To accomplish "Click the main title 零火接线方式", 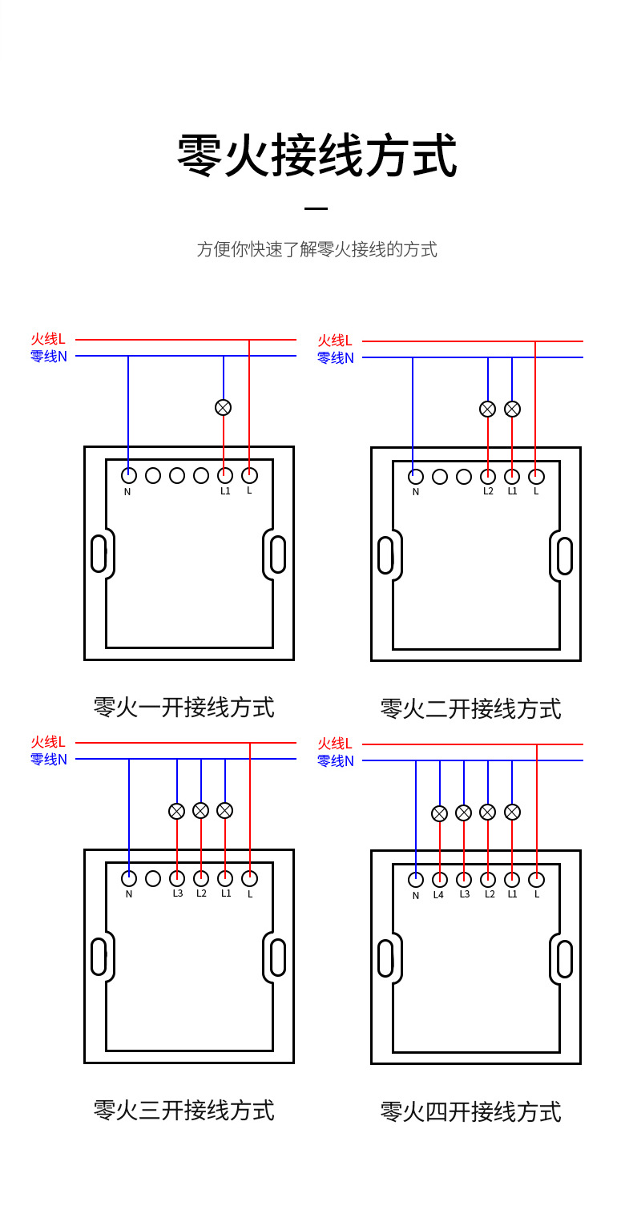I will point(316,155).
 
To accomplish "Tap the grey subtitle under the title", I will point(316,249).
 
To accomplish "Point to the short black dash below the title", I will point(316,208).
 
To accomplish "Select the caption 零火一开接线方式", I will point(183,707).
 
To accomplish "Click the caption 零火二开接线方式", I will point(470,708).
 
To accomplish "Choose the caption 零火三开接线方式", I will point(183,1110).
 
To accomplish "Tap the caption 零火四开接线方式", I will point(470,1111).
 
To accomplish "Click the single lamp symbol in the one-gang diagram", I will point(224,407).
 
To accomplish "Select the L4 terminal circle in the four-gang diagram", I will point(439,879).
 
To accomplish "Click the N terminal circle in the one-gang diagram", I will point(128,475).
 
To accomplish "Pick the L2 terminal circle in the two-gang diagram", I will point(488,477).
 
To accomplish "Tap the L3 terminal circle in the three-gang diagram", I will point(177,878).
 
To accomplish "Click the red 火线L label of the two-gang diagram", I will point(335,341).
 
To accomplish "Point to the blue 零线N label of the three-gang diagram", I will point(49,759).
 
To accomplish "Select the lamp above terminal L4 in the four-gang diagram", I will point(439,813).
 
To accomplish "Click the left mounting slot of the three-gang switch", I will point(99,957).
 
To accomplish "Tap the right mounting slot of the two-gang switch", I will point(565,555).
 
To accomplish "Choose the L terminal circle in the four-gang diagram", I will point(537,879).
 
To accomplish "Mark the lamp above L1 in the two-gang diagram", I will point(512,409).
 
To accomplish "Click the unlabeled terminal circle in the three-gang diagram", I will point(153,878).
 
